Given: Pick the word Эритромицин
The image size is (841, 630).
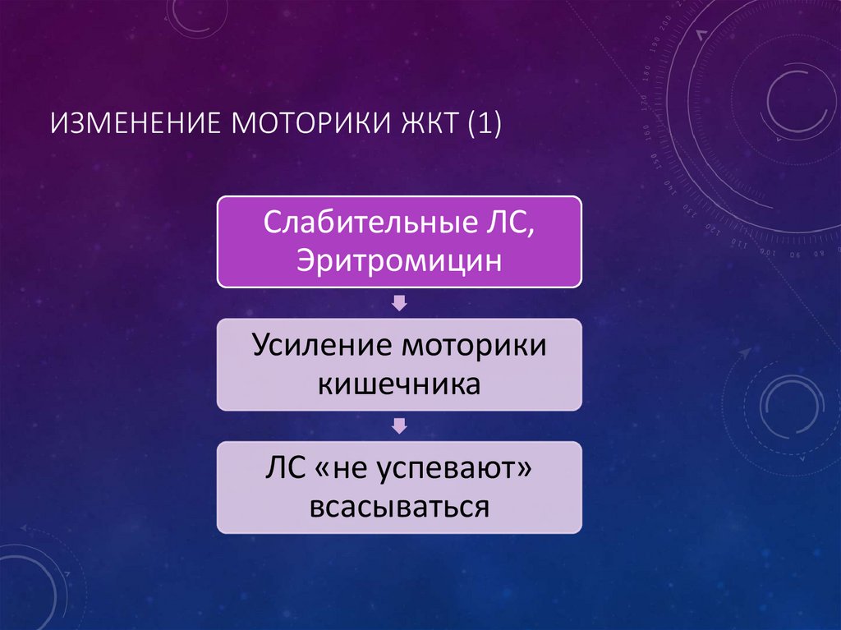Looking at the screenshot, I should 399,262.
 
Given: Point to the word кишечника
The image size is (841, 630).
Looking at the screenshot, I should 399,384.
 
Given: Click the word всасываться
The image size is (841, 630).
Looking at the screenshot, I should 399,506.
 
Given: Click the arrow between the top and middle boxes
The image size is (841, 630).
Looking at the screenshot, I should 399,304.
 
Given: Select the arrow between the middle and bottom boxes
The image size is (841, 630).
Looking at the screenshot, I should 399,425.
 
